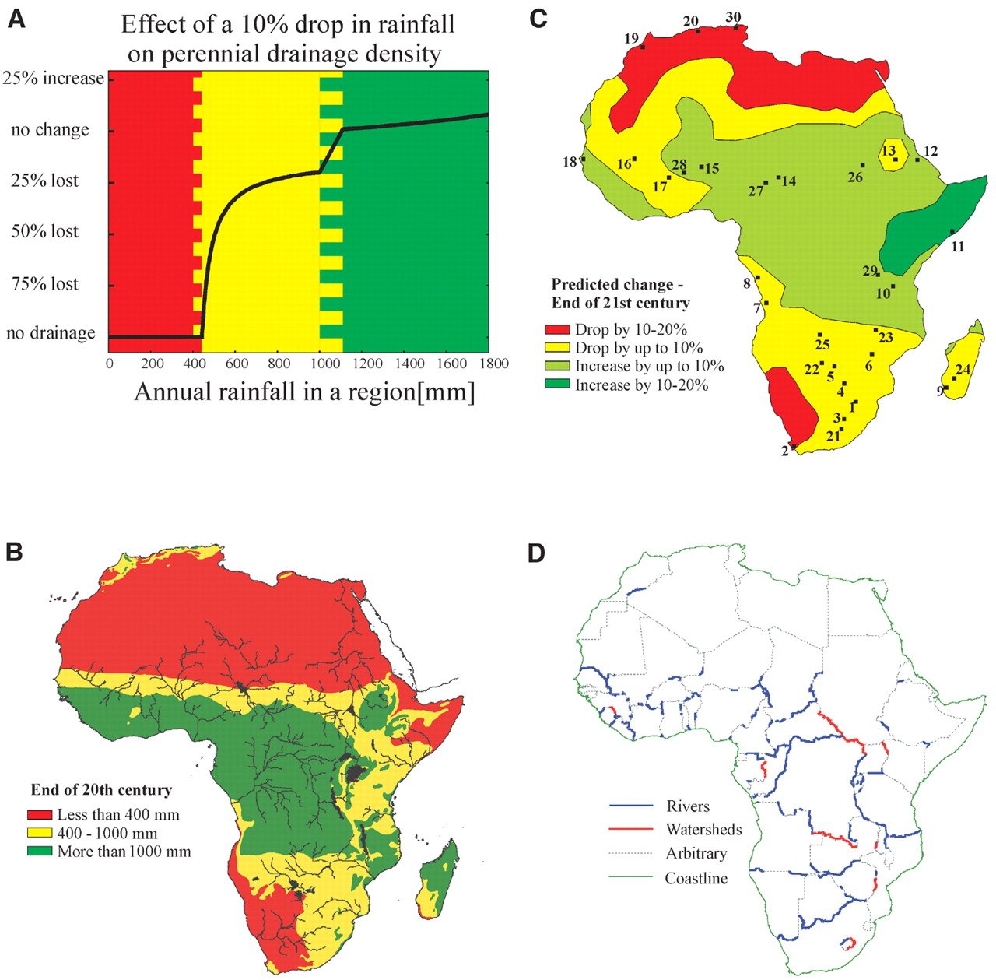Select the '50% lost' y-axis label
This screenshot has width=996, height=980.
pyautogui.click(x=45, y=232)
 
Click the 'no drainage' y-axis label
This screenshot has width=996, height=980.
pyautogui.click(x=51, y=333)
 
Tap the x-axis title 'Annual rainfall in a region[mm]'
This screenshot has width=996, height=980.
pyautogui.click(x=304, y=391)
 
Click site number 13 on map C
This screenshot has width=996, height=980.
pyautogui.click(x=889, y=150)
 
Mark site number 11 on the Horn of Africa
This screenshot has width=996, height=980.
pyautogui.click(x=958, y=246)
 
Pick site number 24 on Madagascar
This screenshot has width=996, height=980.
pyautogui.click(x=963, y=369)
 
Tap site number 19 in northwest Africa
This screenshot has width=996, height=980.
pyautogui.click(x=631, y=38)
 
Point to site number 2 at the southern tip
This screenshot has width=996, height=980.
pyautogui.click(x=785, y=451)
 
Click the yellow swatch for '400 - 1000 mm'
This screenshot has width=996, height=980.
pyautogui.click(x=40, y=834)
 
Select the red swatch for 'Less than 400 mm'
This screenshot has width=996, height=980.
pyautogui.click(x=40, y=815)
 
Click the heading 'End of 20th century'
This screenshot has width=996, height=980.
pyautogui.click(x=101, y=790)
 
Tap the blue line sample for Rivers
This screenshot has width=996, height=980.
pyautogui.click(x=631, y=806)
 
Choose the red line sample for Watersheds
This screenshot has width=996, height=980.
pyautogui.click(x=631, y=830)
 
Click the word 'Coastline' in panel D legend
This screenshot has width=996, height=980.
pyautogui.click(x=696, y=879)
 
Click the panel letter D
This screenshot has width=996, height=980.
pyautogui.click(x=537, y=553)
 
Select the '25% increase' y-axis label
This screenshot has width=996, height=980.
pyautogui.click(x=53, y=79)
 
